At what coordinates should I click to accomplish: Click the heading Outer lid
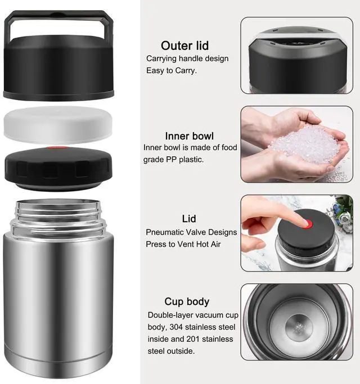click(184, 46)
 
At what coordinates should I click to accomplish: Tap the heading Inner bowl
click(189, 136)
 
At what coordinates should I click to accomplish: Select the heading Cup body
click(187, 301)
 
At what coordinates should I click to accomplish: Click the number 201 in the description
click(193, 339)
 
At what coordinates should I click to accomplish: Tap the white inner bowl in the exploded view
click(58, 124)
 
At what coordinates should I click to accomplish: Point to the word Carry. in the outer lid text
click(186, 71)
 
